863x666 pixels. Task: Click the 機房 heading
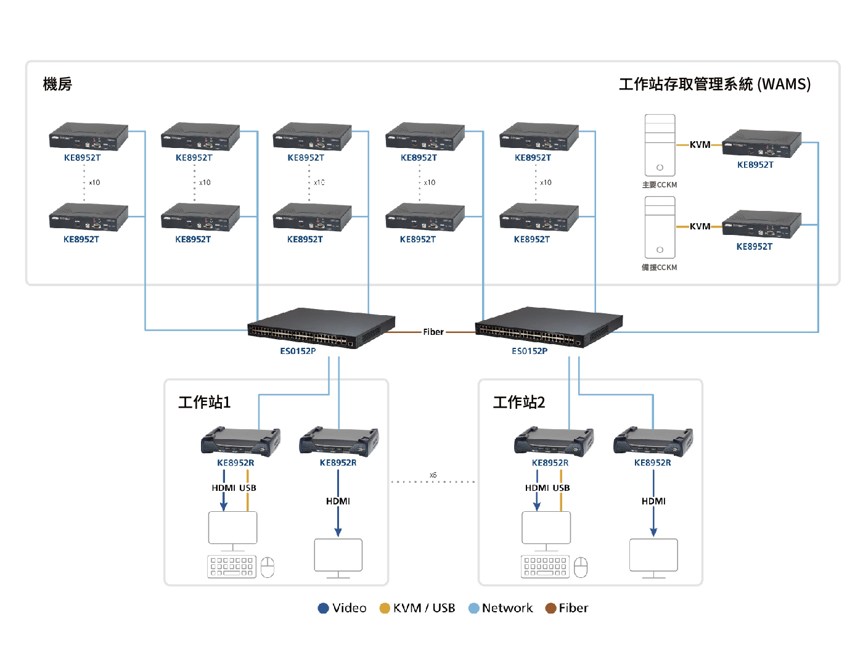point(57,84)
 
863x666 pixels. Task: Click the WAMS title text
point(714,84)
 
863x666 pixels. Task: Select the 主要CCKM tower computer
point(660,146)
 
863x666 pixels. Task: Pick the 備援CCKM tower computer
point(660,228)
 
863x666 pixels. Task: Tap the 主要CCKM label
point(659,185)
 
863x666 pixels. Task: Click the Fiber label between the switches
point(433,332)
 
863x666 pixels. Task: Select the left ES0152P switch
point(321,327)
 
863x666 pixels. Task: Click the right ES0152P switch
point(549,327)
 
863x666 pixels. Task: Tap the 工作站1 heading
point(204,402)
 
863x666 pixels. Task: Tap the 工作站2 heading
point(518,402)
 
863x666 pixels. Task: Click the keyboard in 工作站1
point(232,566)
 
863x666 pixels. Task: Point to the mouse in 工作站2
point(581,567)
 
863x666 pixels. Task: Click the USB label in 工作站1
point(248,488)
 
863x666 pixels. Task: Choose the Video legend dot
point(323,608)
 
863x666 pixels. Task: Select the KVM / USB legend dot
point(385,608)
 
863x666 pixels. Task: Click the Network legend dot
point(473,608)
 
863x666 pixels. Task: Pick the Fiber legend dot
point(550,608)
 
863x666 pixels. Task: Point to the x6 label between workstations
point(433,475)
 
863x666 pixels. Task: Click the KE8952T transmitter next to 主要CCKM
point(761,144)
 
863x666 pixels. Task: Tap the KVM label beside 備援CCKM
point(700,226)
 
